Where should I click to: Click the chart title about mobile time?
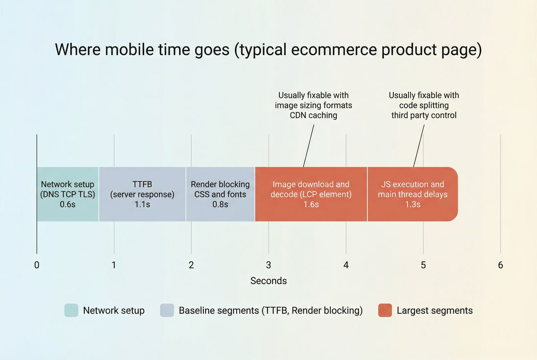(268, 50)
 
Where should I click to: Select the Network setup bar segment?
(68, 194)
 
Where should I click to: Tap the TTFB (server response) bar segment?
(142, 194)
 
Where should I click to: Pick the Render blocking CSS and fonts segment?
(220, 194)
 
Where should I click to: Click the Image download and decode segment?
(311, 194)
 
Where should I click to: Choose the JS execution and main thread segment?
(412, 194)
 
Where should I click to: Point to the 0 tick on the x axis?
(37, 265)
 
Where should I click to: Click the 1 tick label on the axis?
(114, 265)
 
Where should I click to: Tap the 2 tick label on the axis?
(191, 265)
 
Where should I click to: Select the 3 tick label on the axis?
(268, 265)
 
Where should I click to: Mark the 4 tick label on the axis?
(346, 265)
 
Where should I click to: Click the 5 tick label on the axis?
(423, 265)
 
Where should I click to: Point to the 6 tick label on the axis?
(500, 265)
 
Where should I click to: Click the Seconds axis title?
(268, 281)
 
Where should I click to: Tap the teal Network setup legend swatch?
(71, 311)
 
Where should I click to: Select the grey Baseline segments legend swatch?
(167, 311)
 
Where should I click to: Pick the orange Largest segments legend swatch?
(385, 311)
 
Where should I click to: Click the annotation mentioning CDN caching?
(314, 105)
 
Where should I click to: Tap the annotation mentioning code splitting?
(424, 105)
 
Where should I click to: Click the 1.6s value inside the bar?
(311, 204)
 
